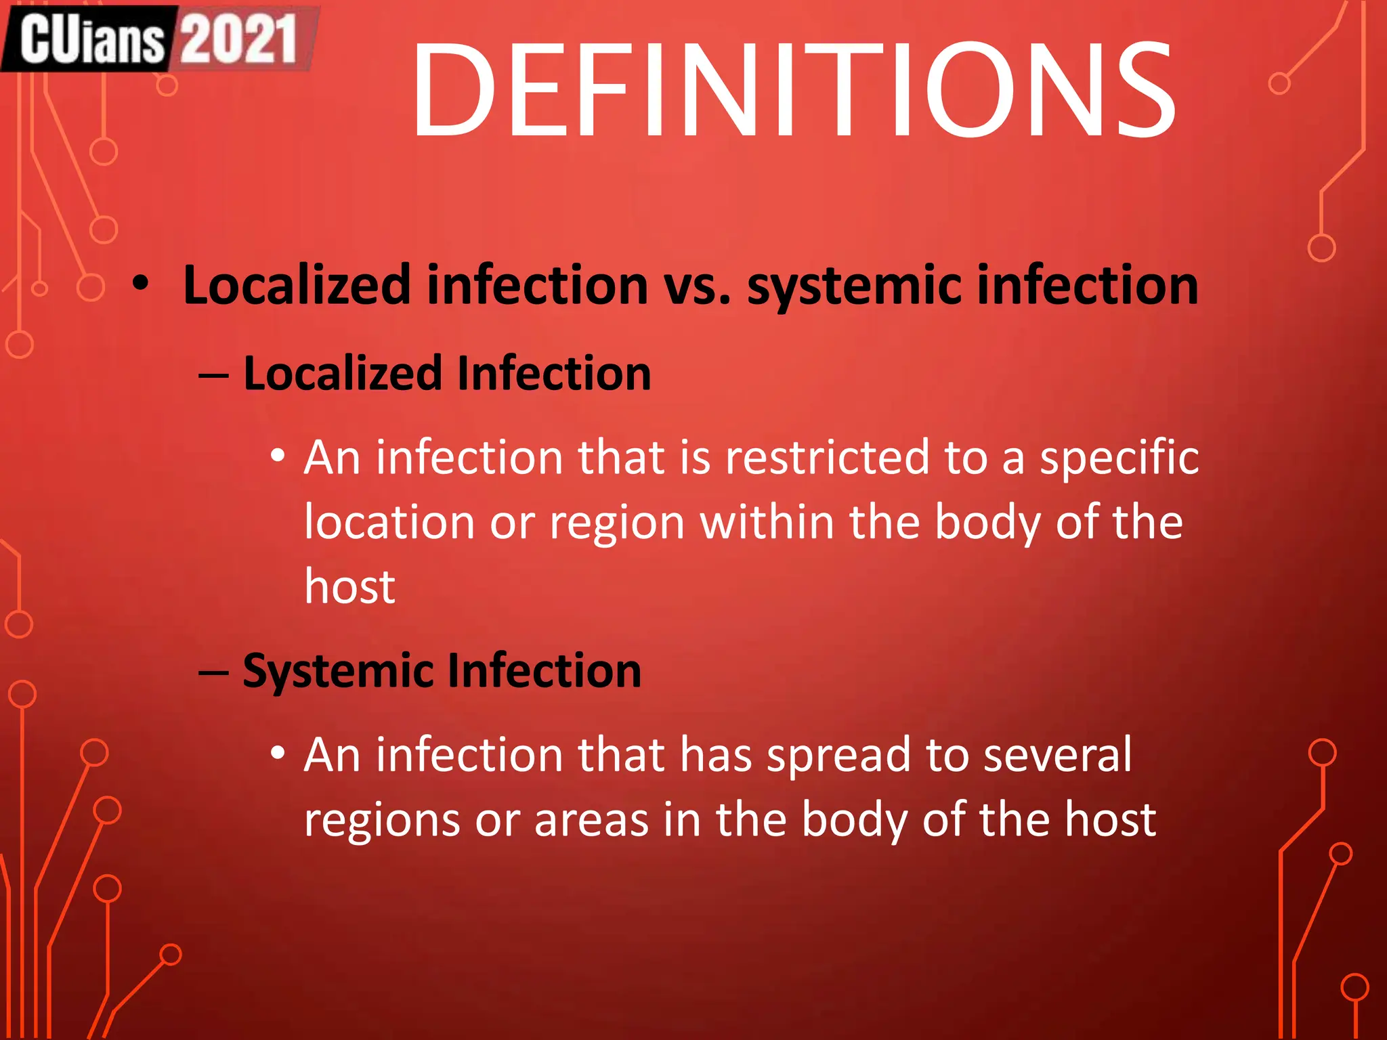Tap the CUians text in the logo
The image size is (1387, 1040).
pyautogui.click(x=91, y=39)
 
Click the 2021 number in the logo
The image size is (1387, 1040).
pyautogui.click(x=238, y=39)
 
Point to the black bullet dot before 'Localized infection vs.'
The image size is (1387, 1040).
pyautogui.click(x=140, y=283)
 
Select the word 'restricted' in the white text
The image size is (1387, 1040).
pyautogui.click(x=827, y=458)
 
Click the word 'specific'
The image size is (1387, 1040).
pyautogui.click(x=1119, y=459)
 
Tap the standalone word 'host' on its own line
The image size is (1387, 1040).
pyautogui.click(x=349, y=586)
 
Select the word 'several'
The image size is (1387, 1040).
pyautogui.click(x=1057, y=754)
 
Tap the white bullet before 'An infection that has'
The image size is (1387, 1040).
pyautogui.click(x=278, y=753)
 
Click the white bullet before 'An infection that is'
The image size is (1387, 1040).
pyautogui.click(x=278, y=456)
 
